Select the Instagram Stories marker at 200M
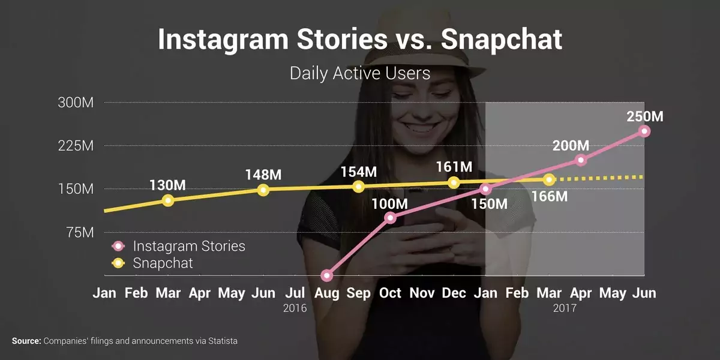581,160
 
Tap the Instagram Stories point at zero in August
326,275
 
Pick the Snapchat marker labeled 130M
168,200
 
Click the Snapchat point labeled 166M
548,179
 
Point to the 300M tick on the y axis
76,103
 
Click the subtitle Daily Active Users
360,73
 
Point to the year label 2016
295,308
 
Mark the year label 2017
565,308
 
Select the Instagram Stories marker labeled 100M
390,217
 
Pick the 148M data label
263,175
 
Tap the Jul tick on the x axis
295,293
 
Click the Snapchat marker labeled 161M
454,182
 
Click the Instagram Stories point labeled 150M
485,189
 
